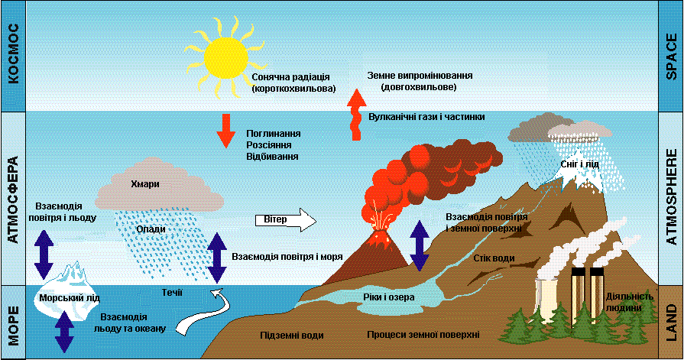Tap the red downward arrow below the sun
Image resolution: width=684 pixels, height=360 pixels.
226,130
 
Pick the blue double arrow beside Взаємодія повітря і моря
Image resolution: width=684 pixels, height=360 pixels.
218,257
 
